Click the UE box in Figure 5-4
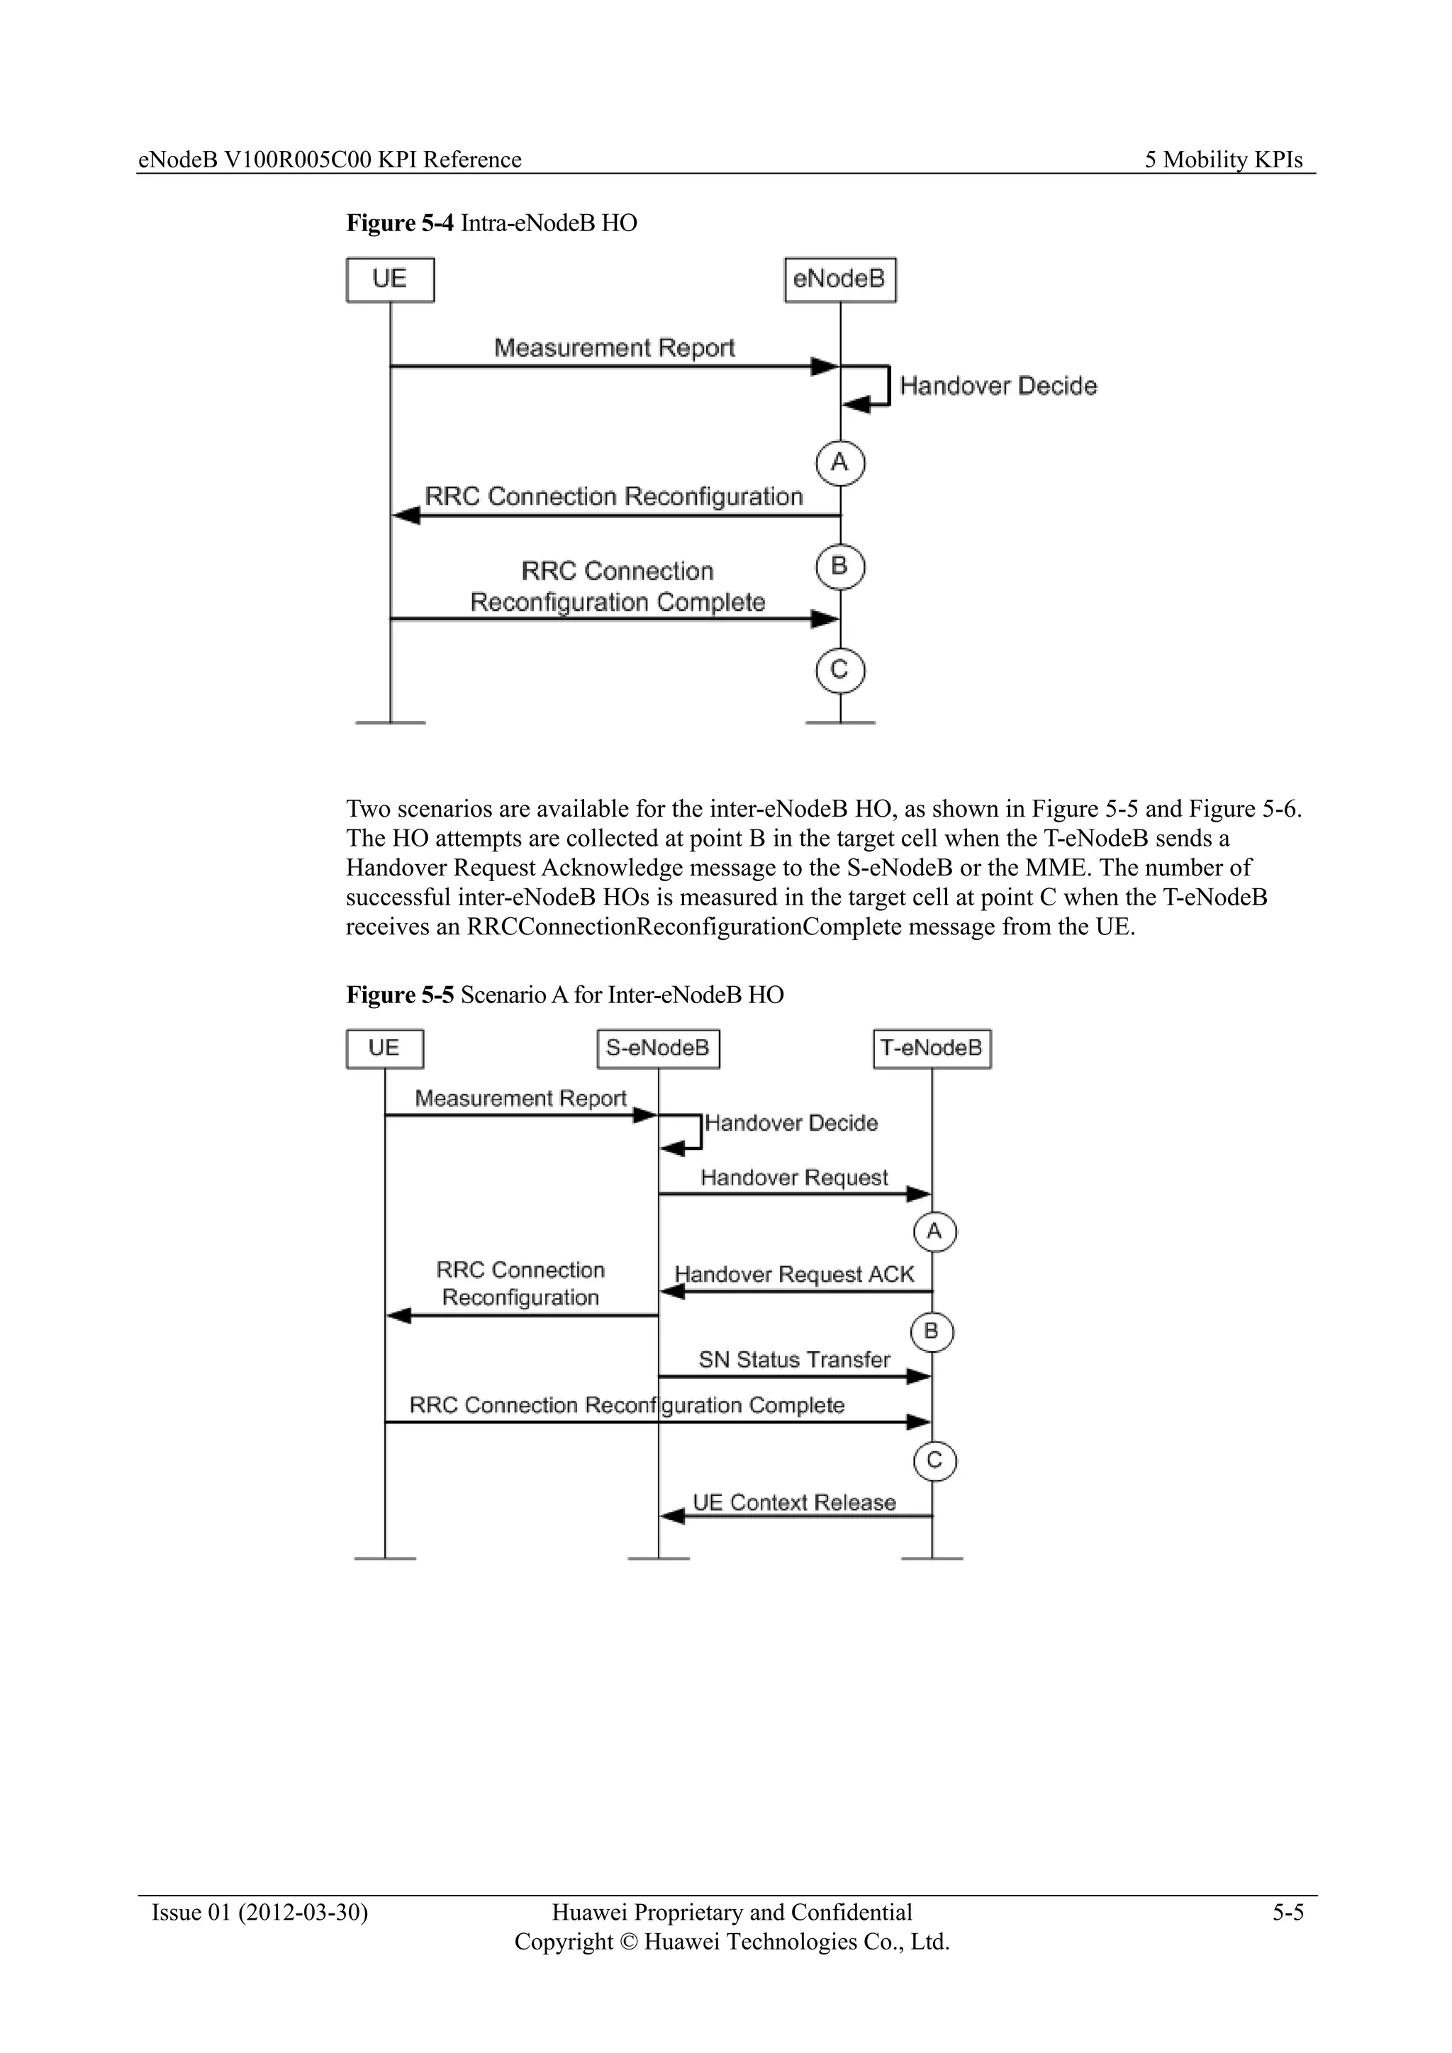[x=390, y=280]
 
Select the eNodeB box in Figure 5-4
[x=839, y=280]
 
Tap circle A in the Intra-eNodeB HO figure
[x=839, y=463]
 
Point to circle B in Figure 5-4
[x=839, y=567]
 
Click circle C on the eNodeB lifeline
[x=839, y=671]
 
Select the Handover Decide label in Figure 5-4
[x=998, y=386]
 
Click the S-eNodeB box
[x=658, y=1048]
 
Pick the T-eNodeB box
[x=932, y=1048]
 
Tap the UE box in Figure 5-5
[x=384, y=1048]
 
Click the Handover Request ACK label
[x=794, y=1274]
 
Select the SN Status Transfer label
[x=794, y=1360]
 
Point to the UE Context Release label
[x=794, y=1503]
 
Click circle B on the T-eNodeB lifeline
[x=932, y=1332]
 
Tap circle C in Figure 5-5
[x=934, y=1461]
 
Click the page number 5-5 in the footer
[x=1288, y=1913]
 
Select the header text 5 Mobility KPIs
[x=1223, y=160]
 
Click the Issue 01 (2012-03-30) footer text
[x=260, y=1913]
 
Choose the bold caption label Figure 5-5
[x=400, y=995]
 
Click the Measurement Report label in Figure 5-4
[x=614, y=348]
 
